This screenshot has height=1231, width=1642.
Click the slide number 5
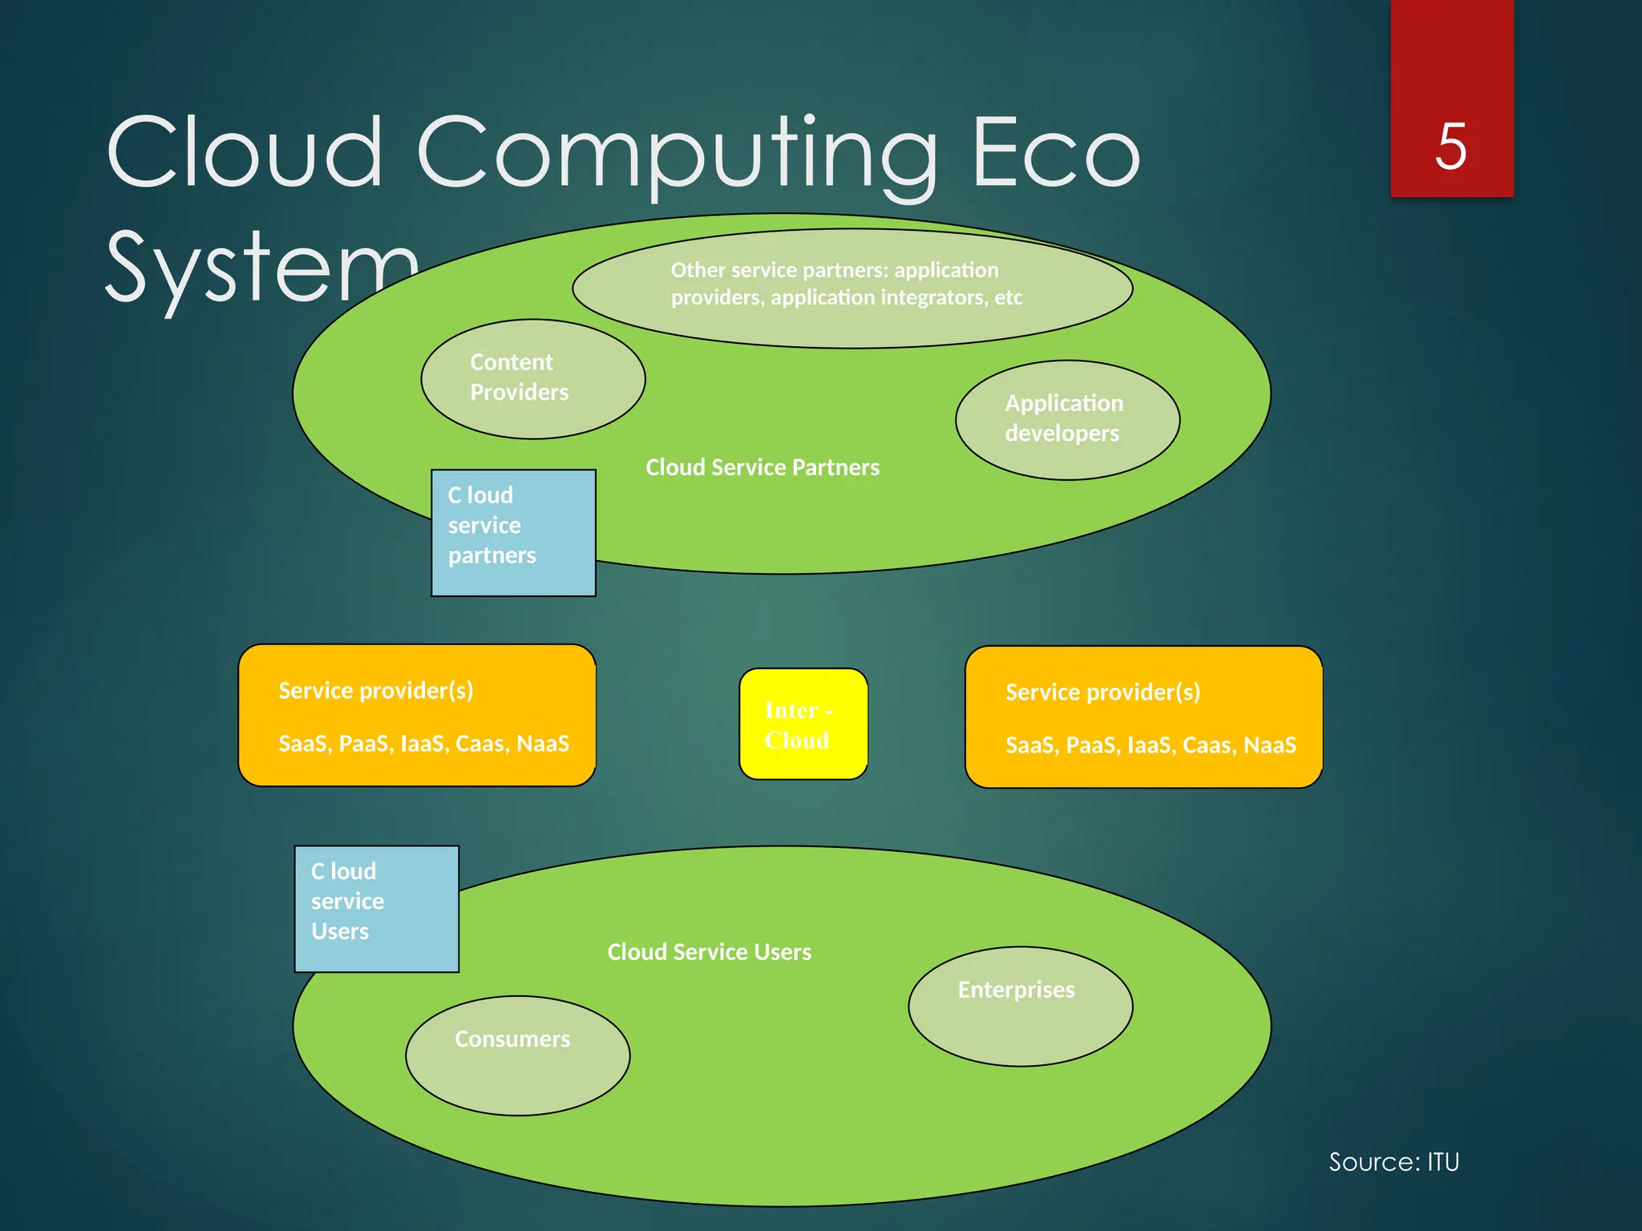pos(1451,146)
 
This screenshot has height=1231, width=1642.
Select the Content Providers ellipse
pos(532,378)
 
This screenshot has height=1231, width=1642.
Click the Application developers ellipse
pos(1066,419)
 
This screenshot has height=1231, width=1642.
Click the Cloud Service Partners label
pos(762,467)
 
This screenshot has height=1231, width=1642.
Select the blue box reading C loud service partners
pos(513,532)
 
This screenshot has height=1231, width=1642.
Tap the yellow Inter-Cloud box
pos(803,724)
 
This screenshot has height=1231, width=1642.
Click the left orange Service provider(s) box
pos(417,715)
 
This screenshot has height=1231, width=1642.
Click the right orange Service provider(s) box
pos(1143,716)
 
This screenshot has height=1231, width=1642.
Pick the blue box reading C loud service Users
pos(376,908)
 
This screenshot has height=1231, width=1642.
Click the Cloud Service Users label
pos(709,952)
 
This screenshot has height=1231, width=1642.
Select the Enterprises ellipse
pos(1020,1006)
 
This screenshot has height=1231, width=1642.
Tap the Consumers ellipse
pos(517,1055)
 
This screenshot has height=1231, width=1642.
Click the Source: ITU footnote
pos(1393,1162)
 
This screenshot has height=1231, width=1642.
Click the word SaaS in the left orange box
pos(302,744)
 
